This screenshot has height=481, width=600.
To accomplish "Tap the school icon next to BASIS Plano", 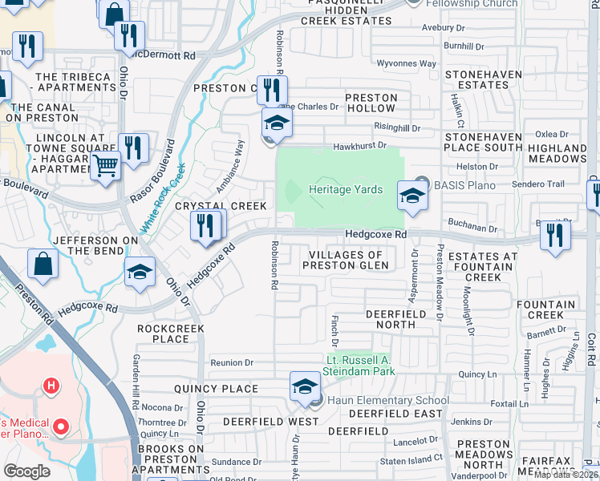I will (412, 194).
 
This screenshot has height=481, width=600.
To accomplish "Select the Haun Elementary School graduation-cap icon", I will (305, 387).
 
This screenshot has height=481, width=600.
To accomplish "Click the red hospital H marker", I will (51, 386).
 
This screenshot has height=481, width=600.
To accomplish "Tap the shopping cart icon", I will (104, 167).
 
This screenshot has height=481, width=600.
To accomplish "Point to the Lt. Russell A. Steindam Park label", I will (359, 366).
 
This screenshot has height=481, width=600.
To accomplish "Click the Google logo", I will (26, 471).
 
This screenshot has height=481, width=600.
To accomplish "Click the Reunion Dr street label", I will (232, 363).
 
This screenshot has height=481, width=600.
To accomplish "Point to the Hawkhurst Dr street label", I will (360, 146).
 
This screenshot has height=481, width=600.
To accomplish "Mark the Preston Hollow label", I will (371, 103).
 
